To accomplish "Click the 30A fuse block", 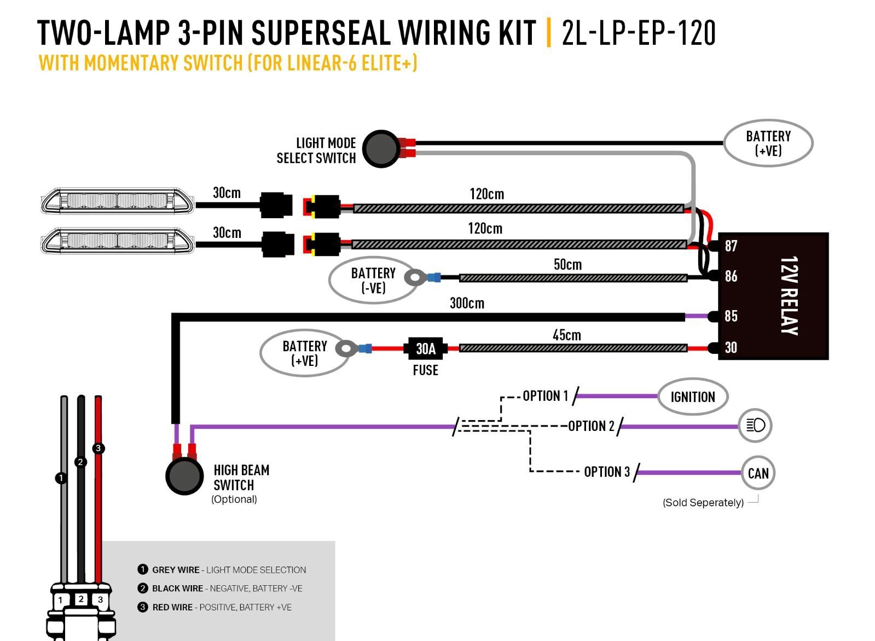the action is click(x=425, y=348).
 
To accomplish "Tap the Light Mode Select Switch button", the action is click(x=381, y=149).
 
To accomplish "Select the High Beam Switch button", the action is click(x=184, y=476).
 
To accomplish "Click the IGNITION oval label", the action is click(x=693, y=397).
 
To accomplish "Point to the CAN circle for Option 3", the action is click(x=758, y=473).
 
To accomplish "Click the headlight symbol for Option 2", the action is click(x=755, y=425).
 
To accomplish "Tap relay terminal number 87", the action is click(x=731, y=246).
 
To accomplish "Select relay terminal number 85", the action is click(x=731, y=316).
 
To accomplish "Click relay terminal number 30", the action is click(x=731, y=347).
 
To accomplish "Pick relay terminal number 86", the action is click(x=731, y=276).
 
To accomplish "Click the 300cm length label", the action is click(x=467, y=303).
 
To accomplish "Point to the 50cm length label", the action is click(x=567, y=264).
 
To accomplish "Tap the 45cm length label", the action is click(x=567, y=335).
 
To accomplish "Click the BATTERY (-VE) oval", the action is click(x=373, y=280).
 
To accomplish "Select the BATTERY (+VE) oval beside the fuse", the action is click(x=305, y=353).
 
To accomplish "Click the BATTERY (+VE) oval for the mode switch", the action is click(x=768, y=143).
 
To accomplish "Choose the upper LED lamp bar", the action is click(x=117, y=201).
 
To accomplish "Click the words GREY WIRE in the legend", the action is click(x=176, y=570).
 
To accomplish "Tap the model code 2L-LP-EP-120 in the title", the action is click(x=639, y=33).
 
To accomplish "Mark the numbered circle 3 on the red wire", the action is click(x=98, y=448).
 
